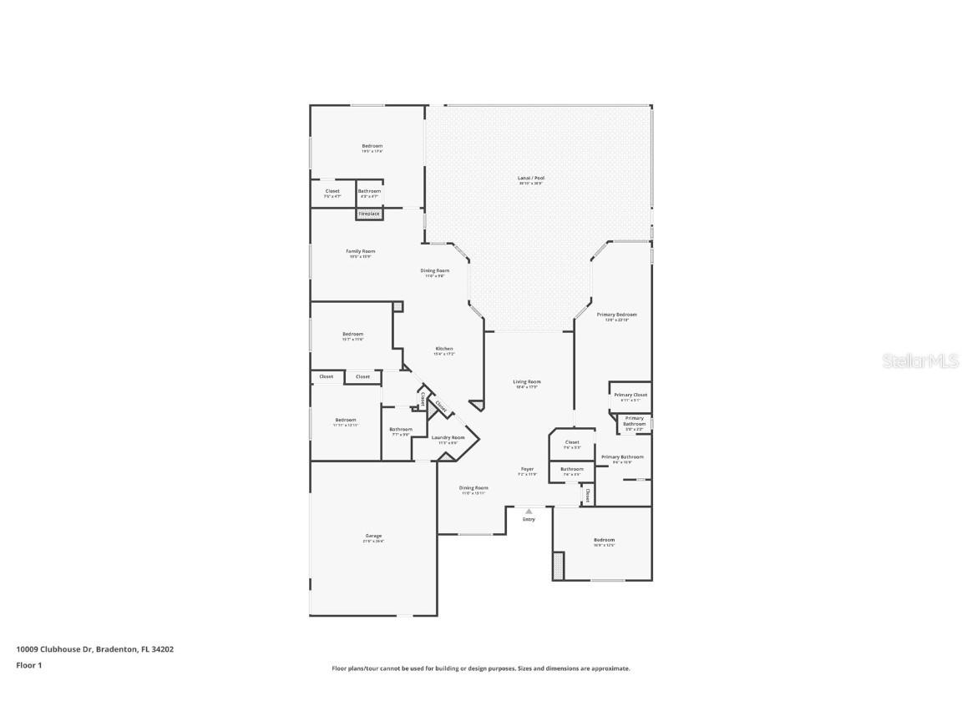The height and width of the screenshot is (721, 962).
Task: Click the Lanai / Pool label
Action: click(530, 178)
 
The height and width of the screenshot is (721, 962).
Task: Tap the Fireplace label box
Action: click(369, 214)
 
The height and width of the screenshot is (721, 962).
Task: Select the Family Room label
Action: click(361, 251)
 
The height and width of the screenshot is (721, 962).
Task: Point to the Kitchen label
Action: click(444, 349)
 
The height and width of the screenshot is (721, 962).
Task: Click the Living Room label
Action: click(527, 382)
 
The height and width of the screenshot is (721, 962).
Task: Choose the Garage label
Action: click(373, 537)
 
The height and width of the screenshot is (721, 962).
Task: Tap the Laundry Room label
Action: click(448, 437)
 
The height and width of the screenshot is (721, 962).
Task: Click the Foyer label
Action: click(527, 470)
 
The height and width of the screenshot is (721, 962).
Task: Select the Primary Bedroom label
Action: click(616, 315)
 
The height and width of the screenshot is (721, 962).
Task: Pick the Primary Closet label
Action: click(630, 396)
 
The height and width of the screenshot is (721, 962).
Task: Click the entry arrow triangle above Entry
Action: click(529, 512)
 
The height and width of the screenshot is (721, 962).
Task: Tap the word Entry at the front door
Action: click(529, 520)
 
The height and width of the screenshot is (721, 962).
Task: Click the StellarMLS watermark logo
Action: click(921, 360)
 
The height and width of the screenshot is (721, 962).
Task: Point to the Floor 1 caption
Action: click(28, 665)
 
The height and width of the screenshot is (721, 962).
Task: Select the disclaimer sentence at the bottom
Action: click(481, 668)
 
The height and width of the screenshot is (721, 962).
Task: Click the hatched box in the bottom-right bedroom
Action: click(559, 565)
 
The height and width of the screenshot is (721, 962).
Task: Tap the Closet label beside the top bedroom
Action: click(332, 191)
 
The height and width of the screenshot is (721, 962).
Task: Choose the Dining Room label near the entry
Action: click(474, 488)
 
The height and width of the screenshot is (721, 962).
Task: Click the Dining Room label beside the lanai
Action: click(435, 270)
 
